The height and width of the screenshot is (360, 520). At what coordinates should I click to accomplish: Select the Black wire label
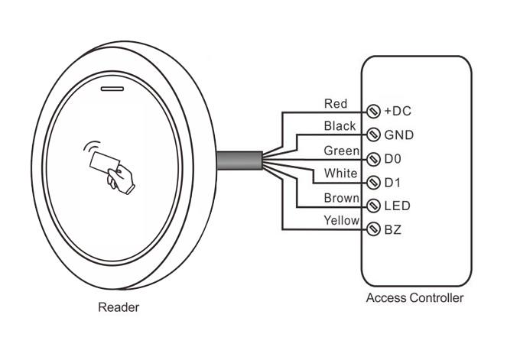click(x=340, y=125)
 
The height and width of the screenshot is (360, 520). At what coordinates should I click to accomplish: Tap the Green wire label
click(x=341, y=150)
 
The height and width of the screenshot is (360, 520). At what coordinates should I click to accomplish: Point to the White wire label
click(x=340, y=174)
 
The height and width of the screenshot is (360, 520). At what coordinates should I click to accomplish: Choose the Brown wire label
click(x=341, y=198)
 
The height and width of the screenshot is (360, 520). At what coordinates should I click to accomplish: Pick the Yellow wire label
click(x=341, y=221)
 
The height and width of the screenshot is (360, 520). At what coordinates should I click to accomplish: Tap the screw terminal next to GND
click(x=374, y=135)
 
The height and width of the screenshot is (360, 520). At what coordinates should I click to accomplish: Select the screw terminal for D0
click(x=374, y=159)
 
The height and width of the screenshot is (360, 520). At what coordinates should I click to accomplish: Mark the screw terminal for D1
click(x=374, y=183)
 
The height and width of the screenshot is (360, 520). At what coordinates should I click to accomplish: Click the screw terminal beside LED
click(x=374, y=206)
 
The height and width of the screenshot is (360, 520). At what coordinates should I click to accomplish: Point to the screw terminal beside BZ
click(x=374, y=229)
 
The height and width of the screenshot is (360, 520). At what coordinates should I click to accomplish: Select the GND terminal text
click(x=399, y=135)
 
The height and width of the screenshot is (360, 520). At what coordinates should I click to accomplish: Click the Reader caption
click(x=119, y=309)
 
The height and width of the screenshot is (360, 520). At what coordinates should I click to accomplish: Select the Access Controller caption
click(x=415, y=298)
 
